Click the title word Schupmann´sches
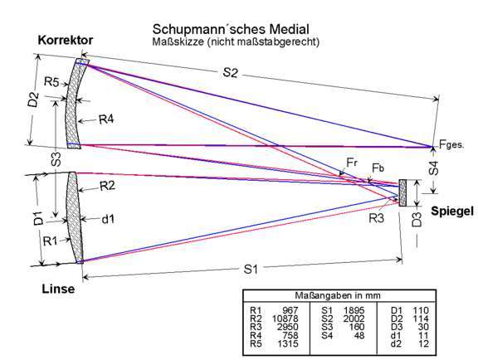tap(209, 29)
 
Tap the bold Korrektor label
tap(66, 40)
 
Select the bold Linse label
tap(58, 289)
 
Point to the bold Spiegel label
tap(452, 211)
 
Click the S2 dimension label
tap(230, 72)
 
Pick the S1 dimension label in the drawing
tap(251, 269)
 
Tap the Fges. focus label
tap(451, 144)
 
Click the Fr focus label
tap(352, 163)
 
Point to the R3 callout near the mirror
tap(377, 218)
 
